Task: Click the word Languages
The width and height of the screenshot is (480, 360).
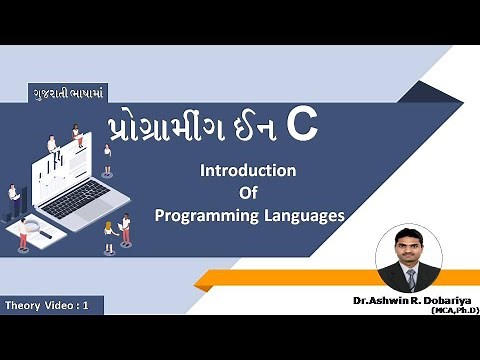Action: click(304, 214)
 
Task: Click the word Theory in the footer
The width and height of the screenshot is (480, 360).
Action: click(28, 303)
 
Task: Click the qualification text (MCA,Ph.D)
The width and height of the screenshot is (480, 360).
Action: click(454, 311)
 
